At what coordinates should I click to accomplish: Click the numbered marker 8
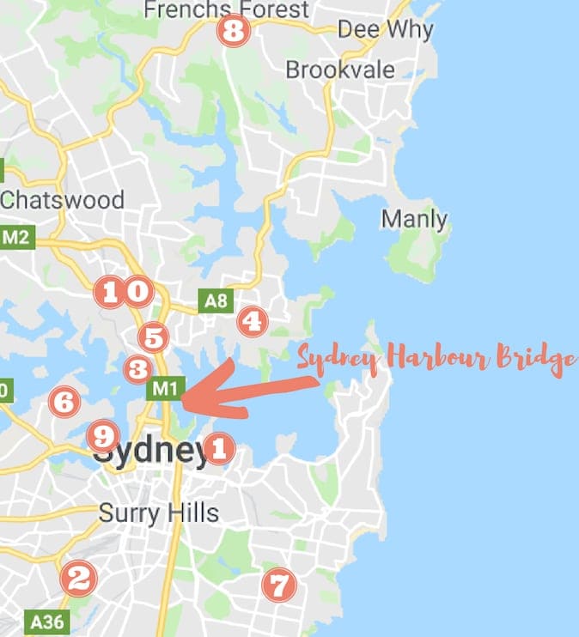pos(233,33)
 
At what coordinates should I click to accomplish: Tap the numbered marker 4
pos(252,321)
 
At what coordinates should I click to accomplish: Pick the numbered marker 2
pos(77,578)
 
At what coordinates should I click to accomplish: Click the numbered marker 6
pos(64,401)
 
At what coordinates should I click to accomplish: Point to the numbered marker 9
pos(102,436)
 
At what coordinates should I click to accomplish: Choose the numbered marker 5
pos(153,337)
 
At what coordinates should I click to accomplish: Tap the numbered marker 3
pos(137,369)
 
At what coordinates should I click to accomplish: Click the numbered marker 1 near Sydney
pos(219,447)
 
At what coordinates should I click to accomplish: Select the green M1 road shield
pos(166,390)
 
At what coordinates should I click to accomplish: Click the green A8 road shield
pos(216,300)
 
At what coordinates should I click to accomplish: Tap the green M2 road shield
pos(15,238)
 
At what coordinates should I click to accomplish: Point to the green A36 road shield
pos(46,621)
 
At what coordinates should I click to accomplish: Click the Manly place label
pos(414,219)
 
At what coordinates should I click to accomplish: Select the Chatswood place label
pos(62,200)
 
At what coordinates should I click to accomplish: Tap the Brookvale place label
pos(340,70)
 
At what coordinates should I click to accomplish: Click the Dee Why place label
pos(385,29)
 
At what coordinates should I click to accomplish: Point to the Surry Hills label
pos(159,513)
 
